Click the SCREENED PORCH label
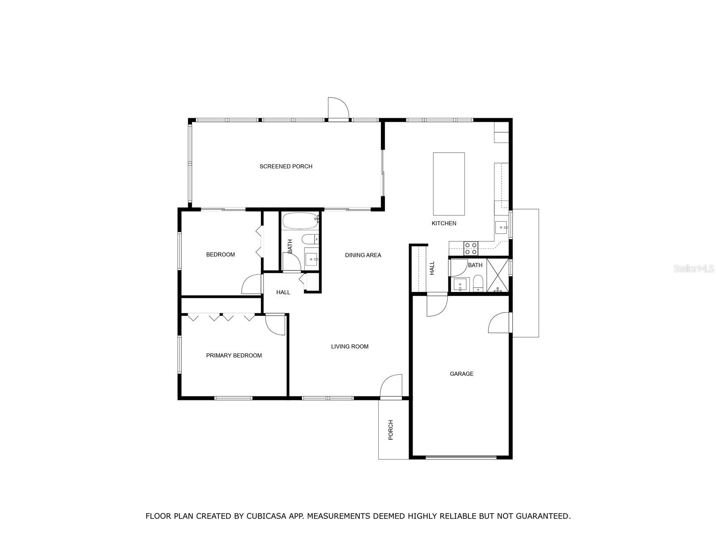point(286,167)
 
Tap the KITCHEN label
point(444,223)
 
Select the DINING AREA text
point(363,255)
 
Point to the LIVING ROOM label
point(349,347)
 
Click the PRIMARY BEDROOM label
point(234,356)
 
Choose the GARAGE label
point(461,374)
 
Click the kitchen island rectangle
point(449,184)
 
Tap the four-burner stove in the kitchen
point(471,248)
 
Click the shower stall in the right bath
point(498,275)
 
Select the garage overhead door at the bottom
point(461,457)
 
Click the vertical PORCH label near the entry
point(391,430)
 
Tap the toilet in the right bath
point(478,284)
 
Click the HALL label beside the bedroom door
point(283,292)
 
